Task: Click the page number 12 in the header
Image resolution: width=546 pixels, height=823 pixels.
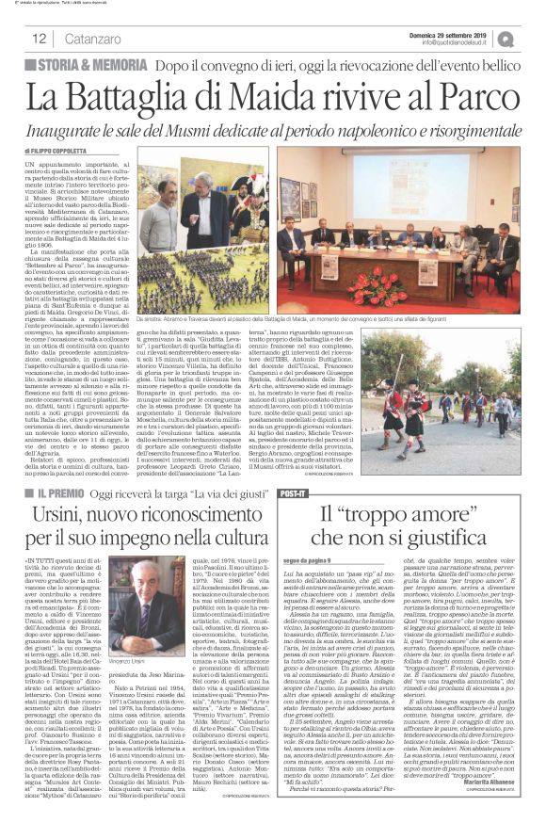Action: point(40,38)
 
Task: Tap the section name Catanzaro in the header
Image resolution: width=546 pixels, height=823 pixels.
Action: point(90,39)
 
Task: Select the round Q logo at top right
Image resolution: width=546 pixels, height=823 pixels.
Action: point(534,37)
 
